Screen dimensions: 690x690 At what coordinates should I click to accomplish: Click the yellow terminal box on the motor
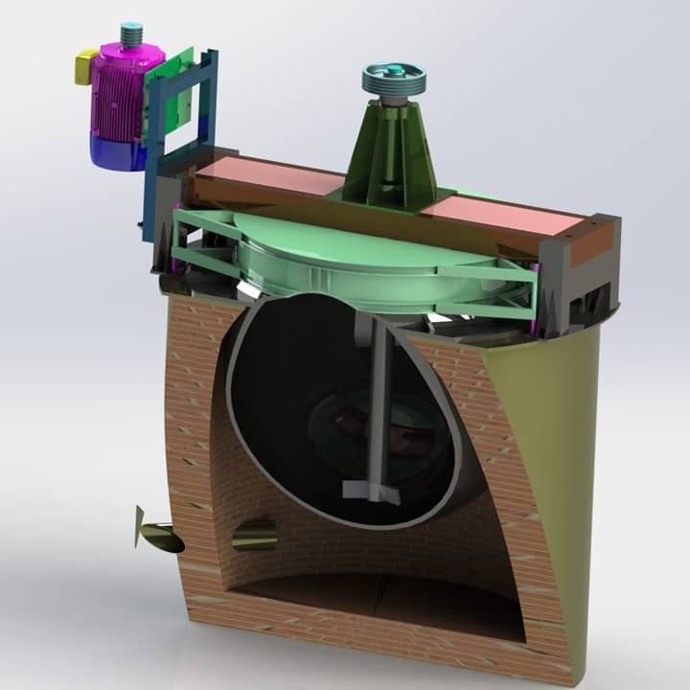coord(85,67)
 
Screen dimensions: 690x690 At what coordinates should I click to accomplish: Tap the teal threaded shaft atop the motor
coord(131,35)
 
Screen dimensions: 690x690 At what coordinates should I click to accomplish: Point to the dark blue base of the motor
coord(113,150)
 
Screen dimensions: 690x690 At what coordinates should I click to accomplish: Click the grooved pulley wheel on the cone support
coord(393,80)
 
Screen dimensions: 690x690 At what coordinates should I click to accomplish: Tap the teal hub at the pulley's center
coord(394,69)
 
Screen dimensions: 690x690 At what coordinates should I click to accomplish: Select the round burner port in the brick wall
coord(254,534)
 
